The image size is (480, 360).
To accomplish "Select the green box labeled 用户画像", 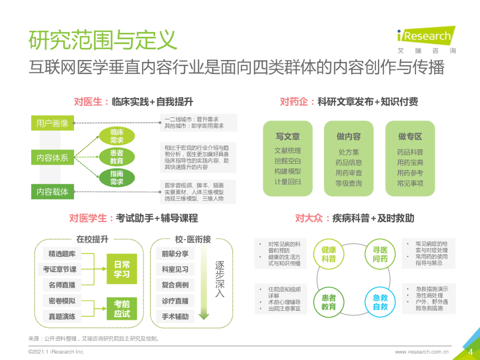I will [52, 123].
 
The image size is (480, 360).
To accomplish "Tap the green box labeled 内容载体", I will [52, 191].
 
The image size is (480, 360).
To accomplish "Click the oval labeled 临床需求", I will [117, 136].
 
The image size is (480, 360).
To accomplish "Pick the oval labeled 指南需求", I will [117, 178].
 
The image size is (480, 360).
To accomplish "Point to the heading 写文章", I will [287, 136].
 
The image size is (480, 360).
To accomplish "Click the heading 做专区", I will [410, 136].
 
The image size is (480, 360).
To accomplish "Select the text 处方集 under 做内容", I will [349, 152].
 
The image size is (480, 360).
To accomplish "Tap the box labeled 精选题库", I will [62, 254].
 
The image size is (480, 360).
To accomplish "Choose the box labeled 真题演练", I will [62, 316].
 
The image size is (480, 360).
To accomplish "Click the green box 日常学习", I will [122, 269].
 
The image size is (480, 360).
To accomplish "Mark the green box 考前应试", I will [122, 309].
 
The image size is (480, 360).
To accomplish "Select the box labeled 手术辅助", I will [175, 316].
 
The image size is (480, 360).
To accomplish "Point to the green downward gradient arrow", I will [203, 281].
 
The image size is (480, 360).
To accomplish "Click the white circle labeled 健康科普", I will [329, 254].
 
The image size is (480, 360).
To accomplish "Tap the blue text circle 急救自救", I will [380, 302].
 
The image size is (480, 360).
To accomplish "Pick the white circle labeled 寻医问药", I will [380, 254].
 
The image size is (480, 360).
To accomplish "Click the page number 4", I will [471, 352].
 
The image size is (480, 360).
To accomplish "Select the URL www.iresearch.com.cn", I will [422, 352].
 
